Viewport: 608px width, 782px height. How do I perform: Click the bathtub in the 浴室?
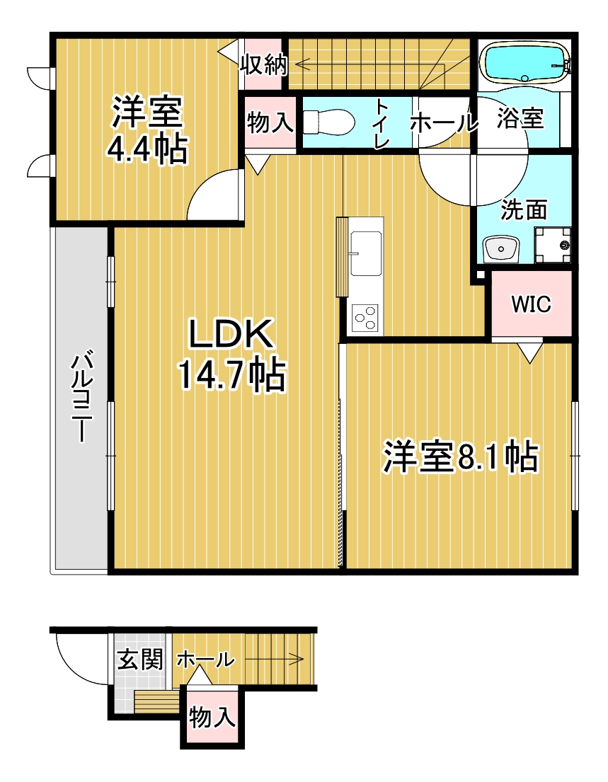pyautogui.click(x=525, y=62)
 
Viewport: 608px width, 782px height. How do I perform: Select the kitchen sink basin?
pyautogui.click(x=366, y=253)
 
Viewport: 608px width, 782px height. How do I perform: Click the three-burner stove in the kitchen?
pyautogui.click(x=365, y=317)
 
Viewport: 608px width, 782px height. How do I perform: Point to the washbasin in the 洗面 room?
pyautogui.click(x=500, y=248)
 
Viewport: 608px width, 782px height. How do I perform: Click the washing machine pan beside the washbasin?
pyautogui.click(x=553, y=244)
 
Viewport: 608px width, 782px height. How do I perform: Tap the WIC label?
pyautogui.click(x=531, y=303)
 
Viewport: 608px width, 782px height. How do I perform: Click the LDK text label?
pyautogui.click(x=231, y=333)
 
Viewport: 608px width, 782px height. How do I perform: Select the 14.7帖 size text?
pyautogui.click(x=231, y=374)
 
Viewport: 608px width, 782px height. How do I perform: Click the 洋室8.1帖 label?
pyautogui.click(x=460, y=456)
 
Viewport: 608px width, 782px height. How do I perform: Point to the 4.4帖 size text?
pyautogui.click(x=148, y=149)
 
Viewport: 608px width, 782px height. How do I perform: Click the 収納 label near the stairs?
pyautogui.click(x=264, y=64)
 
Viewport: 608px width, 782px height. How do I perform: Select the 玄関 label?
pyautogui.click(x=140, y=660)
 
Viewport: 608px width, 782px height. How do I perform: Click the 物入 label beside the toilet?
pyautogui.click(x=270, y=122)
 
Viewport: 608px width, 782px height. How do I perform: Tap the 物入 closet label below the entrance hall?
pyautogui.click(x=212, y=716)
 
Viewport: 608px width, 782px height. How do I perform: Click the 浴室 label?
pyautogui.click(x=520, y=118)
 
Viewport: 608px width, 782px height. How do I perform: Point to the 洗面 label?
pyautogui.click(x=524, y=209)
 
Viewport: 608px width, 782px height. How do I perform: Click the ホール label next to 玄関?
pyautogui.click(x=205, y=660)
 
